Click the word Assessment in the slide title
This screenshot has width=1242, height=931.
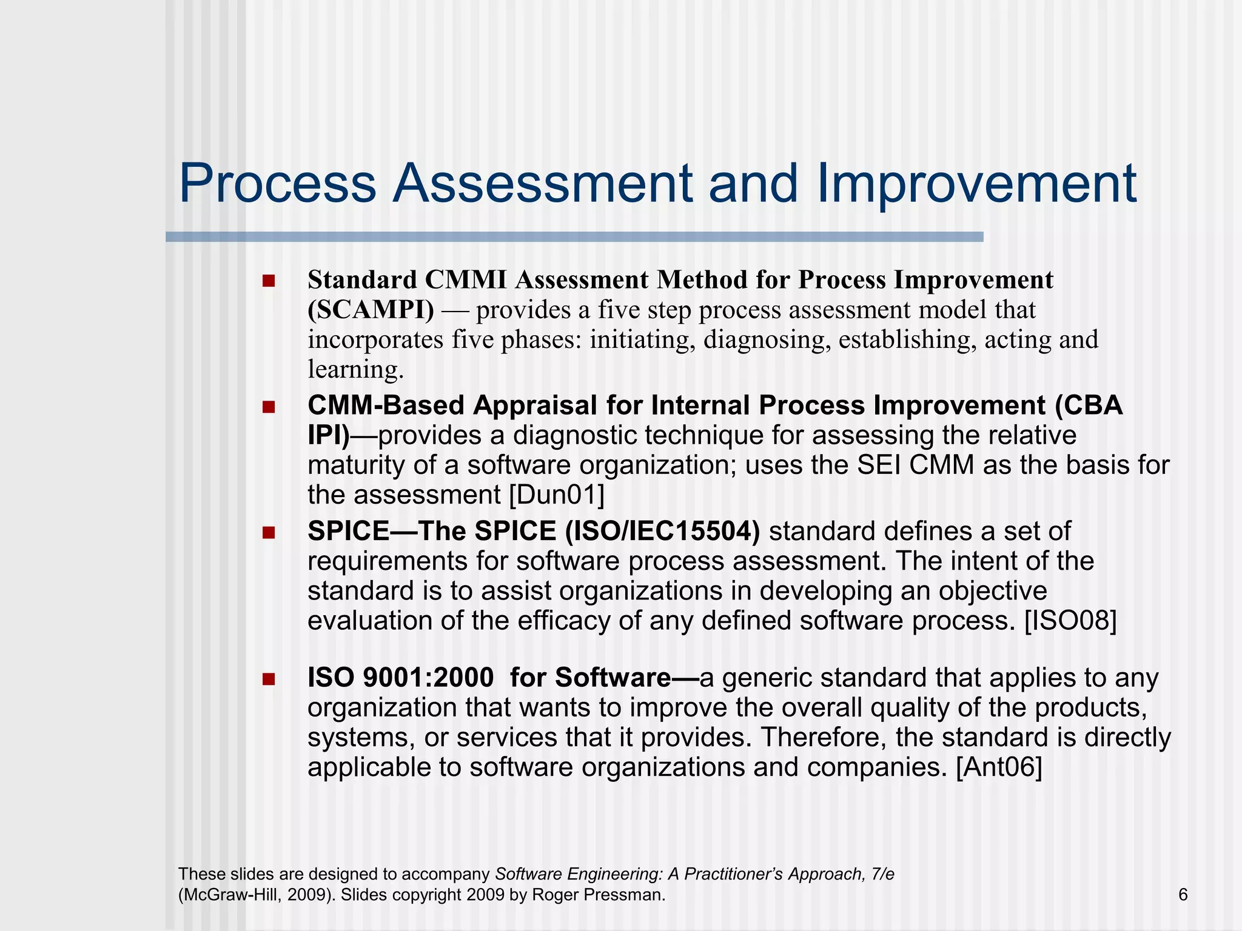(x=542, y=184)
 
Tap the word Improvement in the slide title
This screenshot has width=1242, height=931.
(x=976, y=184)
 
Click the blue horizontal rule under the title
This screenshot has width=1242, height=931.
(x=574, y=237)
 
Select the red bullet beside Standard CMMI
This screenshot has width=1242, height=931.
(x=269, y=281)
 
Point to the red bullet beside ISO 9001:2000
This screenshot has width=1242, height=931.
(x=269, y=679)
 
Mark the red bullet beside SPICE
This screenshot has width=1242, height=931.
(x=269, y=533)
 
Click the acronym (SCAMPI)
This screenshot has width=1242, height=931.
(x=371, y=310)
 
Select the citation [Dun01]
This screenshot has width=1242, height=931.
(x=557, y=495)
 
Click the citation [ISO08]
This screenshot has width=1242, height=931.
(x=1070, y=621)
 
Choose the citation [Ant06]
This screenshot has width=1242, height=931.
(x=999, y=767)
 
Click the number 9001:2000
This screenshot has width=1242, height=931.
(x=428, y=678)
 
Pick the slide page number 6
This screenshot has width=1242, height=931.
(x=1183, y=895)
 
